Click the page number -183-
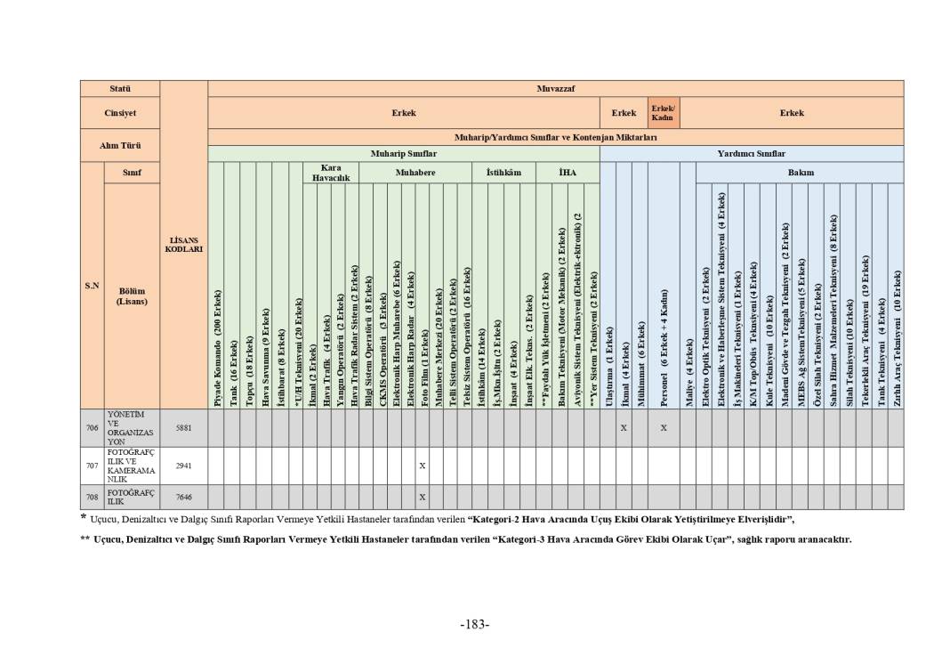coord(475,624)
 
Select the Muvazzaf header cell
coord(556,88)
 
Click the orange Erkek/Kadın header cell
coord(662,113)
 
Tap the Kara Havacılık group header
coord(331,173)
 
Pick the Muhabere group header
coord(415,172)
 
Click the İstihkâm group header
coord(503,172)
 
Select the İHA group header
coord(568,172)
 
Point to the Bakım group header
coord(801,172)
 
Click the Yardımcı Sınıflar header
coord(752,153)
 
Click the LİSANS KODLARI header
coord(184,245)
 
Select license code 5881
coord(184,427)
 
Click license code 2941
coord(184,465)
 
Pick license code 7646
coord(184,497)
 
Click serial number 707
coord(92,465)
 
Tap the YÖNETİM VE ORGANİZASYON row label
coord(131,427)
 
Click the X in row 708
coord(423,497)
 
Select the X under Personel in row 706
coord(664,427)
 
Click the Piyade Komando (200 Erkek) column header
coord(216,347)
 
